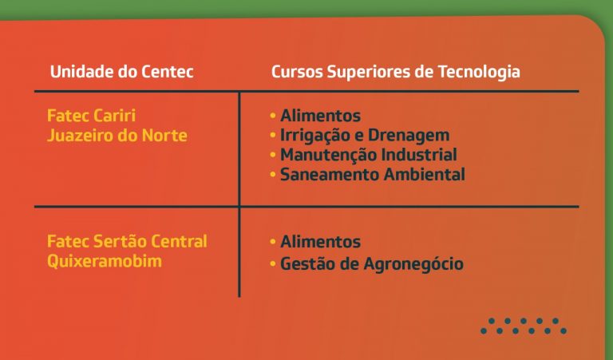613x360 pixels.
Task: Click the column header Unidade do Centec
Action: pyautogui.click(x=122, y=72)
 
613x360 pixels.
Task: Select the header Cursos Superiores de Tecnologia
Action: pyautogui.click(x=396, y=73)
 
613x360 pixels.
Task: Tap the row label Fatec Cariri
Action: pyautogui.click(x=92, y=115)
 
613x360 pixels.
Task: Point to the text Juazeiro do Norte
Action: pyautogui.click(x=117, y=135)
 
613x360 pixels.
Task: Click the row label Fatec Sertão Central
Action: pyautogui.click(x=127, y=241)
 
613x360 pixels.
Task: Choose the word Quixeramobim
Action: pyautogui.click(x=105, y=261)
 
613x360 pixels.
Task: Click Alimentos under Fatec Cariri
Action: pyautogui.click(x=321, y=116)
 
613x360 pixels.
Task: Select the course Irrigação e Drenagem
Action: pyautogui.click(x=365, y=136)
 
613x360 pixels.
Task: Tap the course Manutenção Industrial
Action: pyautogui.click(x=369, y=155)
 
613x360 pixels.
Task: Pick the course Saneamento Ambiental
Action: pyautogui.click(x=373, y=174)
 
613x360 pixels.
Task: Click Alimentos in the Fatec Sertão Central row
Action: pyautogui.click(x=321, y=242)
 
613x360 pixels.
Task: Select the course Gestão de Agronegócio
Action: pyautogui.click(x=372, y=264)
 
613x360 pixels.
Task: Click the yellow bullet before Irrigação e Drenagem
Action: pyautogui.click(x=273, y=135)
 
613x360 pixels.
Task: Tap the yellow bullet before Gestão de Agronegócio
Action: pyautogui.click(x=273, y=264)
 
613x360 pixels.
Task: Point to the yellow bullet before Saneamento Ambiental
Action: pyautogui.click(x=273, y=174)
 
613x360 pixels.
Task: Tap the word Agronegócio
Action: pyautogui.click(x=413, y=264)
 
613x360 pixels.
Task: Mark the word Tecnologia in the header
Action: pyautogui.click(x=479, y=73)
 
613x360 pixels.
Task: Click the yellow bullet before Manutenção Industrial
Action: pyautogui.click(x=273, y=155)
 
